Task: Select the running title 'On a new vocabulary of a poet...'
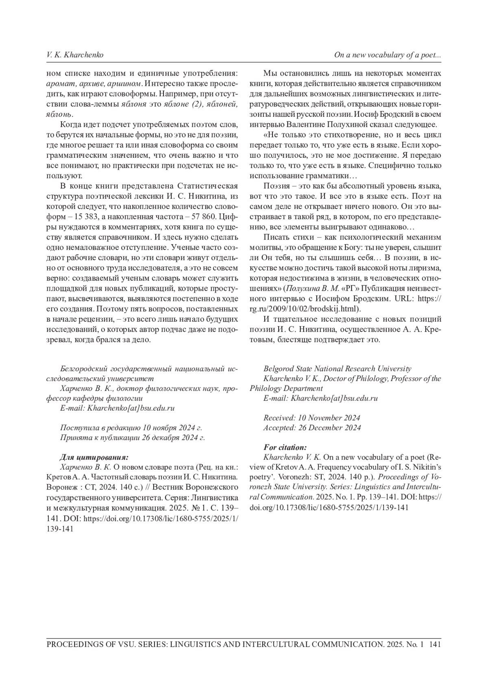pos(388,55)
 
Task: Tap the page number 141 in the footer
pos(435,644)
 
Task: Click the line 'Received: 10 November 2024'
pos(312,418)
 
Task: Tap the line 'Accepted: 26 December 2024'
pos(312,428)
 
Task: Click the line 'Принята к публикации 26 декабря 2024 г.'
pos(132,438)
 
